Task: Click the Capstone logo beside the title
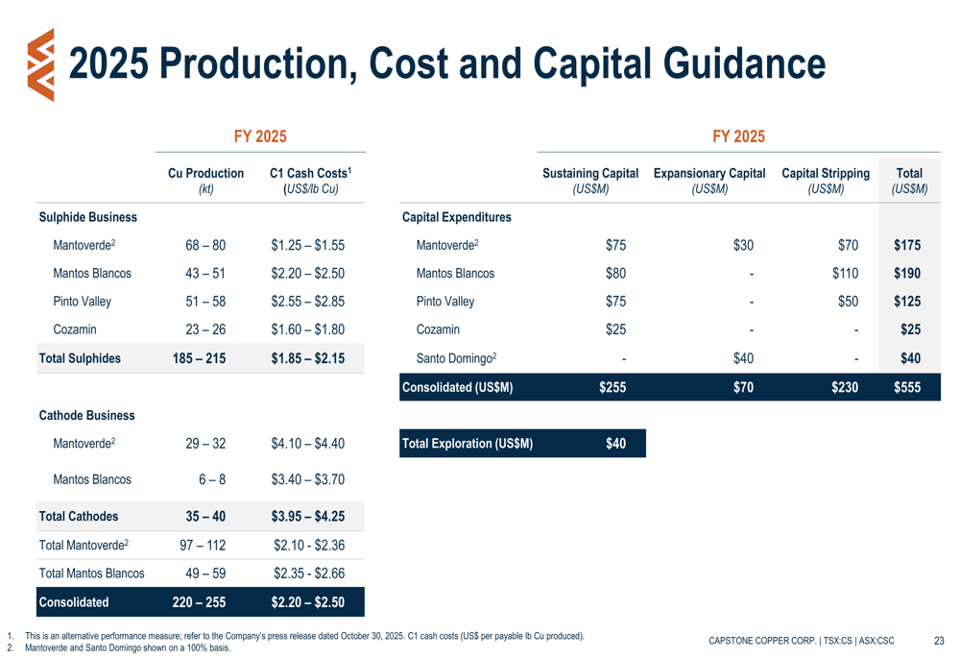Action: [x=41, y=64]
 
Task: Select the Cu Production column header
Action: [x=205, y=174]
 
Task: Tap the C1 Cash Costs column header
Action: [x=308, y=174]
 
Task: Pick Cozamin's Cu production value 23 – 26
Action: [x=205, y=329]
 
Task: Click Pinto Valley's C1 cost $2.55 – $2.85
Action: [x=308, y=302]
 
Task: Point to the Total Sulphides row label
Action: [x=80, y=358]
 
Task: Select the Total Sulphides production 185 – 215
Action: [x=202, y=358]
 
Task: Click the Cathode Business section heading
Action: [x=86, y=416]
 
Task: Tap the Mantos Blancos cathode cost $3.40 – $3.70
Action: [x=308, y=479]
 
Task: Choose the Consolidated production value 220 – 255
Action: [x=200, y=603]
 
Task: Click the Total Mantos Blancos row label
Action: [x=91, y=573]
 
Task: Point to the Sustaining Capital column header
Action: [x=590, y=174]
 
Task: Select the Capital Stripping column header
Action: [x=826, y=174]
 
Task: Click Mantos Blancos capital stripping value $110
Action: [x=845, y=274]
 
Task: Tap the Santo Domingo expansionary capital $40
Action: [x=743, y=358]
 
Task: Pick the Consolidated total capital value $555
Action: [x=906, y=387]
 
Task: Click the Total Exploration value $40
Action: [x=615, y=444]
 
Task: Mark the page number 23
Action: [x=939, y=641]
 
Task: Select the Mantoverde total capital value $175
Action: [x=906, y=246]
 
